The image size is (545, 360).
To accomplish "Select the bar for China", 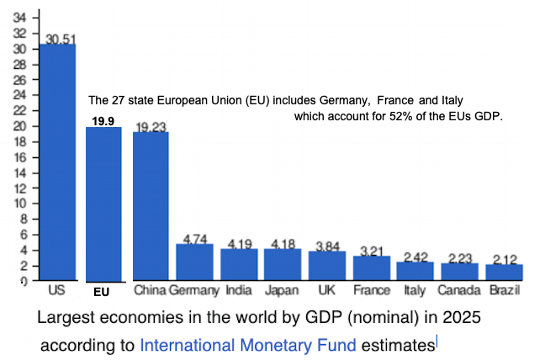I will (151, 206).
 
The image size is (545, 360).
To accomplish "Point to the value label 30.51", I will (60, 39).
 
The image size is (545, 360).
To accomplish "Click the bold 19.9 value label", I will (103, 121).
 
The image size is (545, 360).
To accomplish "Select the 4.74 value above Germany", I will (195, 239).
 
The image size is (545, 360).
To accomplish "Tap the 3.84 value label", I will (327, 246).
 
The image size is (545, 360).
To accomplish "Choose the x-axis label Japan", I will (283, 291).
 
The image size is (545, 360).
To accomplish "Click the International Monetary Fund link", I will (248, 344).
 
